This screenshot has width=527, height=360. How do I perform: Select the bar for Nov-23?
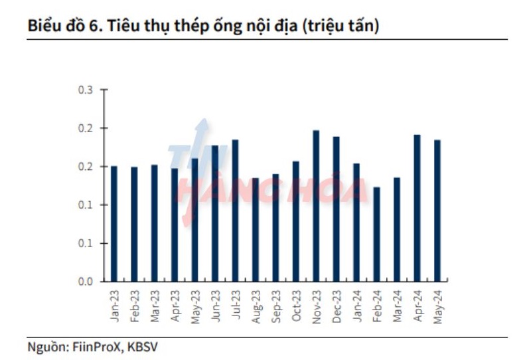pyautogui.click(x=316, y=206)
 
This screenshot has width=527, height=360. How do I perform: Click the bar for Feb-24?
pyautogui.click(x=377, y=234)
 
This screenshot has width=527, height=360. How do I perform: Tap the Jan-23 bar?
pyautogui.click(x=114, y=224)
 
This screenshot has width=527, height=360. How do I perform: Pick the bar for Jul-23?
pyautogui.click(x=235, y=211)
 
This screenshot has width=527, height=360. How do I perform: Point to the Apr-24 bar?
pyautogui.click(x=417, y=208)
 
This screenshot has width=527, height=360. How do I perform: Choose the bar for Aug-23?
pyautogui.click(x=256, y=230)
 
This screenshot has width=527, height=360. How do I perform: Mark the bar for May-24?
pyautogui.click(x=437, y=211)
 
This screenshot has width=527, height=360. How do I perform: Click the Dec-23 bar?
pyautogui.click(x=337, y=209)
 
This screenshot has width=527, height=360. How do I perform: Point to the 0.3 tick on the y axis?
pyautogui.click(x=86, y=90)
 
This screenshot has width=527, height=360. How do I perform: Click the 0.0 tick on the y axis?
pyautogui.click(x=86, y=282)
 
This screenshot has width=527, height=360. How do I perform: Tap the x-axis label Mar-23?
pyautogui.click(x=155, y=306)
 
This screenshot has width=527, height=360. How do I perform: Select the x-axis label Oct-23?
pyautogui.click(x=296, y=306)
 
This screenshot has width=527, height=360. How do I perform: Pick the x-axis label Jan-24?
pyautogui.click(x=356, y=306)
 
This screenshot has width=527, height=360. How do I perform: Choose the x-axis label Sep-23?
pyautogui.click(x=275, y=306)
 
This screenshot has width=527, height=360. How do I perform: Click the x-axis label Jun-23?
pyautogui.click(x=215, y=306)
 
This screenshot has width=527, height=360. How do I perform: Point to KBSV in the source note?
pyautogui.click(x=142, y=346)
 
